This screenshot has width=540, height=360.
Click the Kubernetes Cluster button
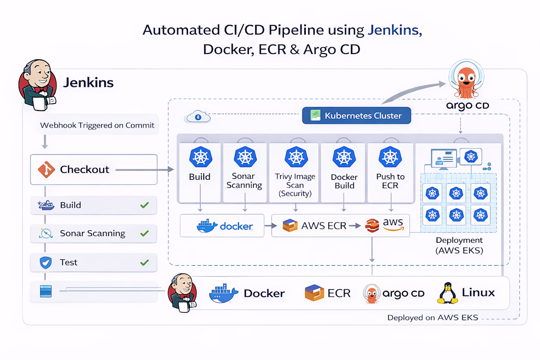point(356,116)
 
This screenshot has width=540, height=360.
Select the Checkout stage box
point(94,169)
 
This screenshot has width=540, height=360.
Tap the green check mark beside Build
point(144,205)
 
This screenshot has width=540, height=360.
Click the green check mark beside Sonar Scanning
point(144,233)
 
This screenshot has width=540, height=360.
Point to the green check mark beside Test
point(144,262)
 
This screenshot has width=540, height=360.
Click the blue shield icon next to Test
point(46,263)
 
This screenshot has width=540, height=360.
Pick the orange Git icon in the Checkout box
point(45,169)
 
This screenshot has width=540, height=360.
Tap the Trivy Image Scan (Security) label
point(296,185)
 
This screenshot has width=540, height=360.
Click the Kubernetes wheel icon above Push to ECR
point(390,157)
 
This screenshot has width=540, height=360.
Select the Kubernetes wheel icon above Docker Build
point(344,157)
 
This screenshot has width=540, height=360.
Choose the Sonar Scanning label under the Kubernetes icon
point(244,181)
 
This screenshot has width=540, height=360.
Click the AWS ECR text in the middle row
point(324,226)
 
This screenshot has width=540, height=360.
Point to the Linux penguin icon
point(447,293)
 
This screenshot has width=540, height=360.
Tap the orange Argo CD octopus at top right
point(464,82)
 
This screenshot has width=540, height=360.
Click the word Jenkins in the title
point(394,30)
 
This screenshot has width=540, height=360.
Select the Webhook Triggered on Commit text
point(97,125)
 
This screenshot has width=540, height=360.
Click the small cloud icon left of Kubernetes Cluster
point(197,117)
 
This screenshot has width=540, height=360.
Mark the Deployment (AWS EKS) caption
point(459,245)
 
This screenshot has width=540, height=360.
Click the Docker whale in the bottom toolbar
point(224,293)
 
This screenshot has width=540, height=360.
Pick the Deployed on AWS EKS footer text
point(432,318)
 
